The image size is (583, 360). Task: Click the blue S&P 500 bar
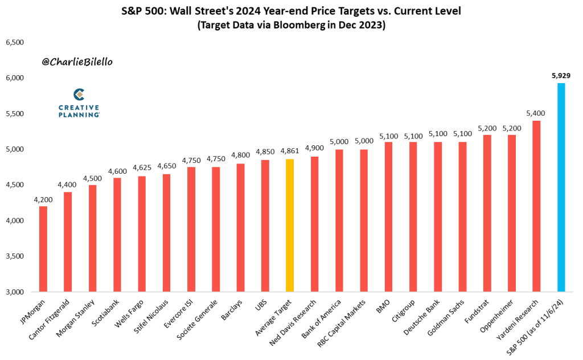click(561, 188)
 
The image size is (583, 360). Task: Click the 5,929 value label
click(561, 75)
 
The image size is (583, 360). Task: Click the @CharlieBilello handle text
click(77, 60)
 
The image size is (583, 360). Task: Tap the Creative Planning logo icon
click(79, 95)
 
